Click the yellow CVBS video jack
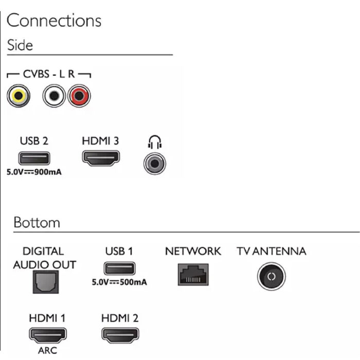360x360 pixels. pyautogui.click(x=19, y=96)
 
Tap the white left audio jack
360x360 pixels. pyautogui.click(x=54, y=96)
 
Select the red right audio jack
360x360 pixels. pyautogui.click(x=79, y=96)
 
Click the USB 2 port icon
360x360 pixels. pyautogui.click(x=34, y=158)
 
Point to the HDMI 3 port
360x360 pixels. pyautogui.click(x=101, y=158)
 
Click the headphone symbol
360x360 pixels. pyautogui.click(x=154, y=142)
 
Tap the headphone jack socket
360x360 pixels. pyautogui.click(x=154, y=164)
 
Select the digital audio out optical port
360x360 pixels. pyautogui.click(x=46, y=282)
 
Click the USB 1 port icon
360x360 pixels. pyautogui.click(x=120, y=268)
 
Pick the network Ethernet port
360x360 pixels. pyautogui.click(x=193, y=274)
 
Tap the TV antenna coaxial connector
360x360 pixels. pyautogui.click(x=272, y=276)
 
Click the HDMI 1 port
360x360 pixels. pyautogui.click(x=48, y=335)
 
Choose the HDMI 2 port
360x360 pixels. pyautogui.click(x=120, y=335)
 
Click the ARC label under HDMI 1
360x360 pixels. pyautogui.click(x=47, y=351)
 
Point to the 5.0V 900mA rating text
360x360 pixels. pyautogui.click(x=34, y=172)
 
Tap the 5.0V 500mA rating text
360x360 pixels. pyautogui.click(x=119, y=282)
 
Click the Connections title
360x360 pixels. pyautogui.click(x=54, y=21)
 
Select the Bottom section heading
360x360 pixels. pyautogui.click(x=37, y=223)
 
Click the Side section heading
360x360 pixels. pyautogui.click(x=20, y=45)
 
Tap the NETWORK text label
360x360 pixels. pyautogui.click(x=193, y=251)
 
